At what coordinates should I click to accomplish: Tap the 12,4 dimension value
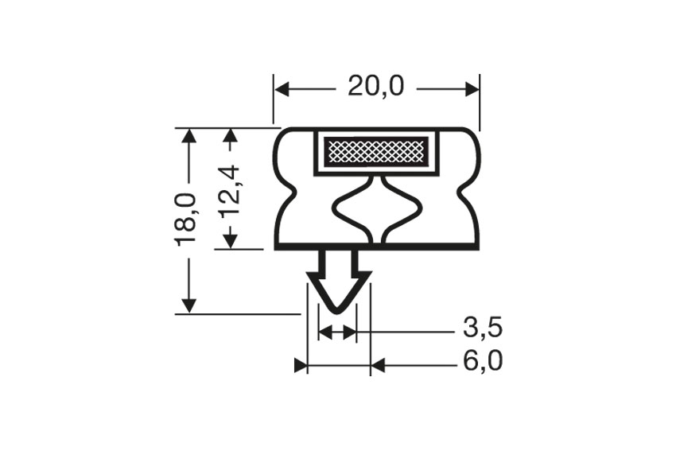point(229,192)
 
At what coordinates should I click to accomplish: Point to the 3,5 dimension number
point(482,328)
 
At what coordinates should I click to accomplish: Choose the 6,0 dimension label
point(482,363)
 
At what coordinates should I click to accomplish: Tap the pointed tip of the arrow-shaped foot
point(337,310)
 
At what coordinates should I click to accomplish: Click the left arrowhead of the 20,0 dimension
point(282,87)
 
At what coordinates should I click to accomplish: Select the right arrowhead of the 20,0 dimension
point(472,87)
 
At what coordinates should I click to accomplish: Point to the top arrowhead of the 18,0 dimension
point(188,135)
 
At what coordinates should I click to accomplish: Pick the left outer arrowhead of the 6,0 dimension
point(300,365)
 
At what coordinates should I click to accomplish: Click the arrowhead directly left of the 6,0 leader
point(378,365)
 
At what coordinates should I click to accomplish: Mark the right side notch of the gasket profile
point(466,191)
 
